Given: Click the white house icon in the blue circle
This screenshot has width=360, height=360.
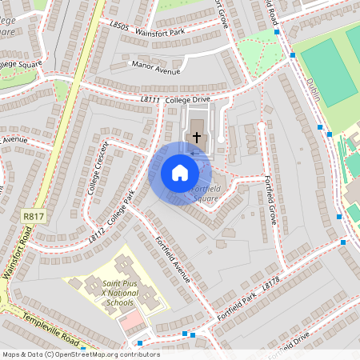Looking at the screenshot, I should point(180,173).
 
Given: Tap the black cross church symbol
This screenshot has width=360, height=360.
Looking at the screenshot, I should point(197,138).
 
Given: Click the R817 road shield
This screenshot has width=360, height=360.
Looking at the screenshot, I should point(33,216).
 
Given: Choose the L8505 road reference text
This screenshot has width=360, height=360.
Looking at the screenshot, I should point(118,26).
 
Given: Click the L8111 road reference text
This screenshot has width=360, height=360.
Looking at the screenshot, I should point(150,99).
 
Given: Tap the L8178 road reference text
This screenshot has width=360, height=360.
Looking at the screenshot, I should point(272,286).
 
